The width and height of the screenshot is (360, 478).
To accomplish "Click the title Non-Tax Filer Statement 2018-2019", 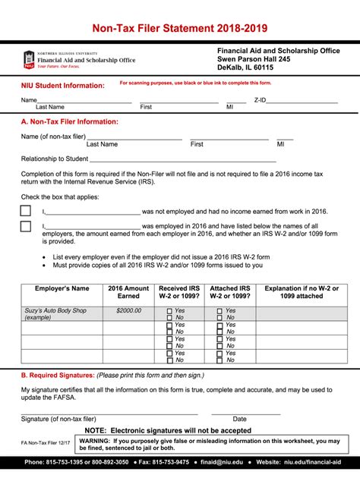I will click(x=179, y=29).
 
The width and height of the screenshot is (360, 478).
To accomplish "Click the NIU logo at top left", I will click(x=29, y=59).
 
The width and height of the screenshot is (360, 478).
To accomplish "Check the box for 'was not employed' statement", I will click(x=26, y=211).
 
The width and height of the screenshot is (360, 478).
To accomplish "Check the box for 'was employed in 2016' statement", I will click(x=26, y=226).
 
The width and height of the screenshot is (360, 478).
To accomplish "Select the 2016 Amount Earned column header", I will click(x=128, y=293).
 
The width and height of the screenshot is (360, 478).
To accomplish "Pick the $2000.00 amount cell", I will click(x=128, y=310).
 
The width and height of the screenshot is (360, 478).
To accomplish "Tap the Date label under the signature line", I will click(x=239, y=418).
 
